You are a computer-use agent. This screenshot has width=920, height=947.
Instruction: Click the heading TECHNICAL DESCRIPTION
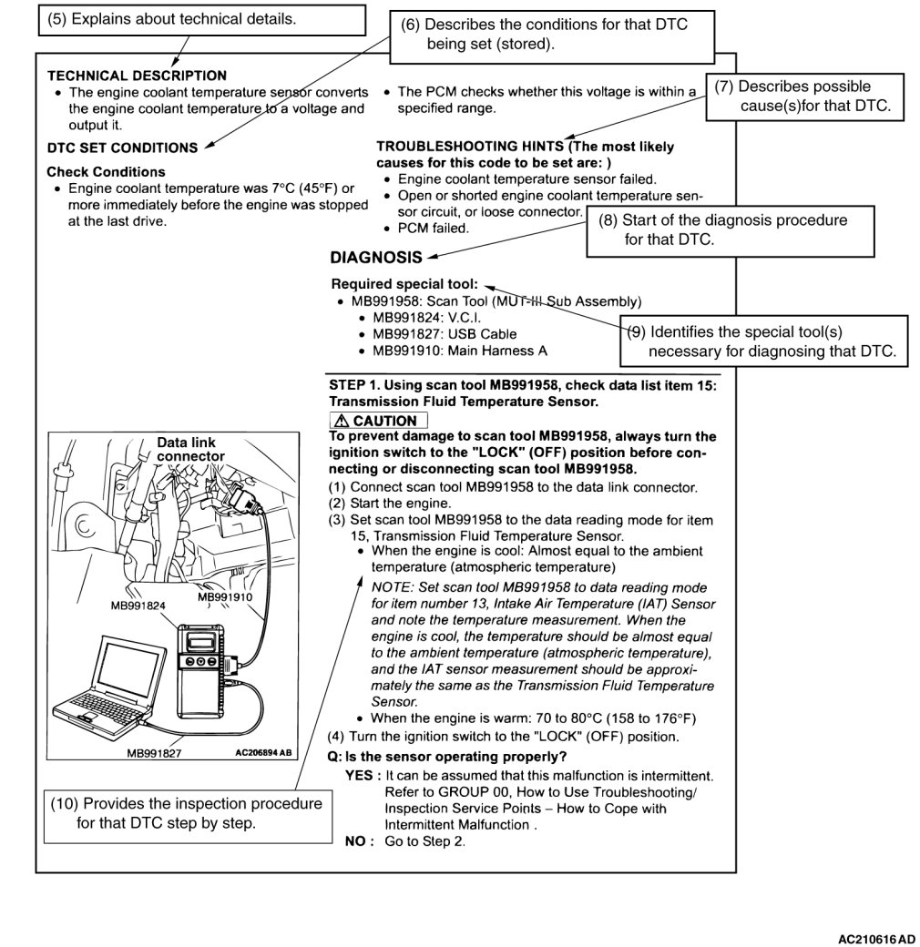click(x=137, y=76)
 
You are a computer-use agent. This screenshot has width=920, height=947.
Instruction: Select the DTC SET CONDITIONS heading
click(x=122, y=148)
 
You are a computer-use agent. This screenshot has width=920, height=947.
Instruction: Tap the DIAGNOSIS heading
click(x=376, y=258)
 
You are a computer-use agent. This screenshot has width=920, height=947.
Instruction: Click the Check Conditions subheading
click(x=106, y=171)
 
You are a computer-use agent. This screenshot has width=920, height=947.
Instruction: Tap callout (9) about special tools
click(x=765, y=341)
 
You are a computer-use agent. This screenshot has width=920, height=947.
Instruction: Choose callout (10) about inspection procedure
click(x=187, y=813)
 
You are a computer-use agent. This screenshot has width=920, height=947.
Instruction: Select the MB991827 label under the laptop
click(x=154, y=753)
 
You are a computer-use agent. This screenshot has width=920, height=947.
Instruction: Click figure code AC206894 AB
click(x=263, y=753)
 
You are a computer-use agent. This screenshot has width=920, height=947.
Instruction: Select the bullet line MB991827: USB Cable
click(x=432, y=334)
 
